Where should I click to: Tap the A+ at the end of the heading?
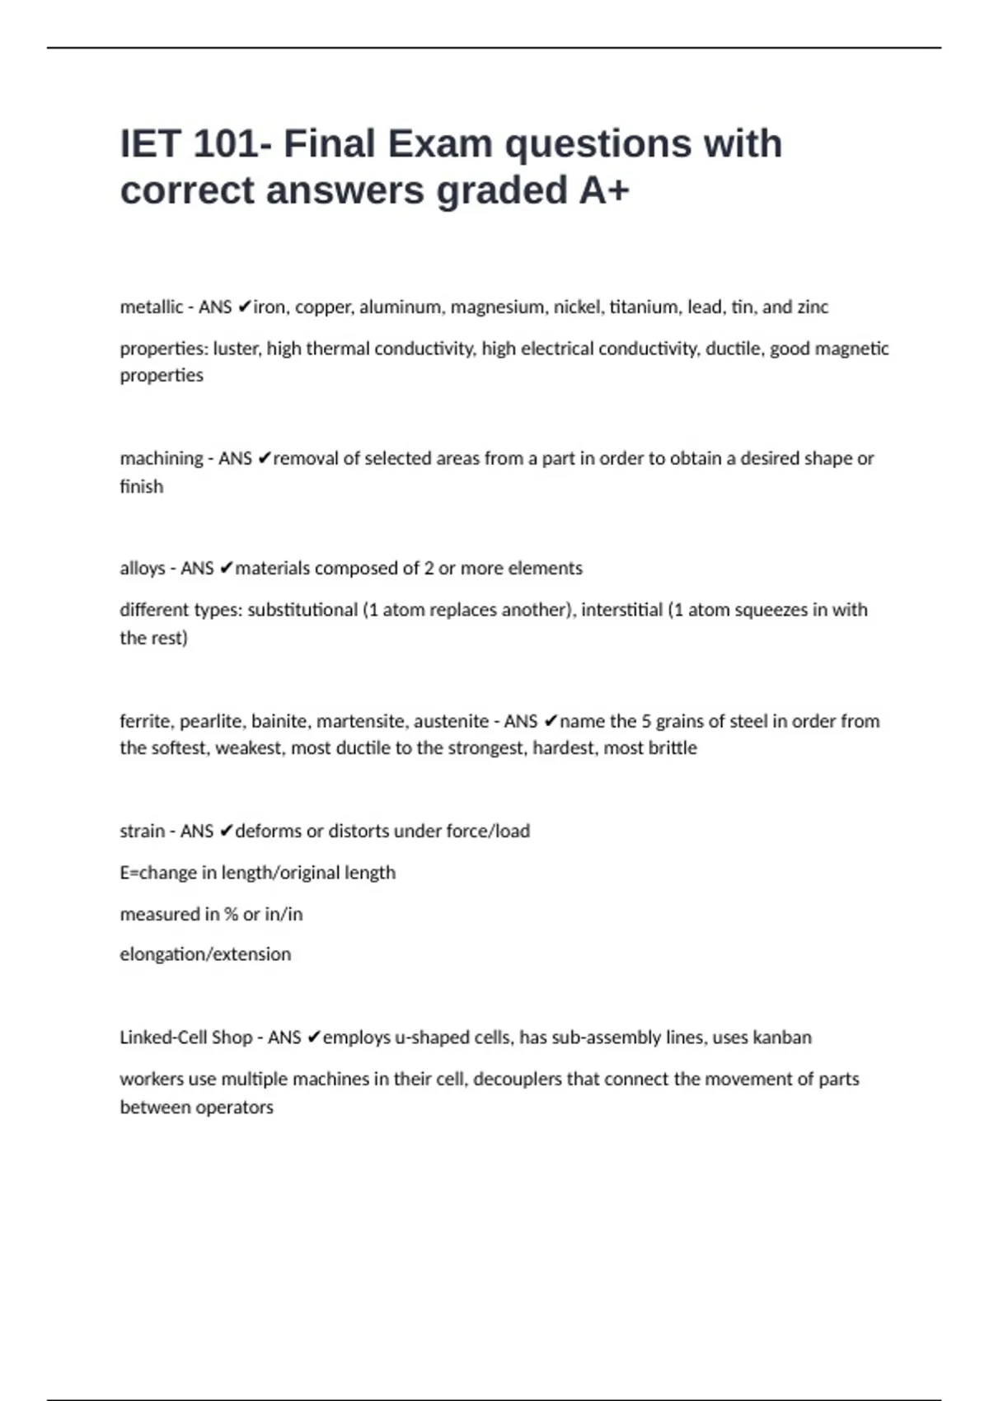[604, 190]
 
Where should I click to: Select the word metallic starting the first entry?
[152, 307]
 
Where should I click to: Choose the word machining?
[162, 458]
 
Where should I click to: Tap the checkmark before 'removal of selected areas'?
[264, 458]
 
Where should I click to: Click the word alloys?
[143, 569]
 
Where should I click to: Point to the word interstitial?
[621, 610]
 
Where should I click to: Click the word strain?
[142, 831]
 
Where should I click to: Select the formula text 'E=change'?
[156, 873]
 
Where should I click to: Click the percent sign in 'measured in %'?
[231, 914]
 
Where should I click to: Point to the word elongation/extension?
[205, 954]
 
